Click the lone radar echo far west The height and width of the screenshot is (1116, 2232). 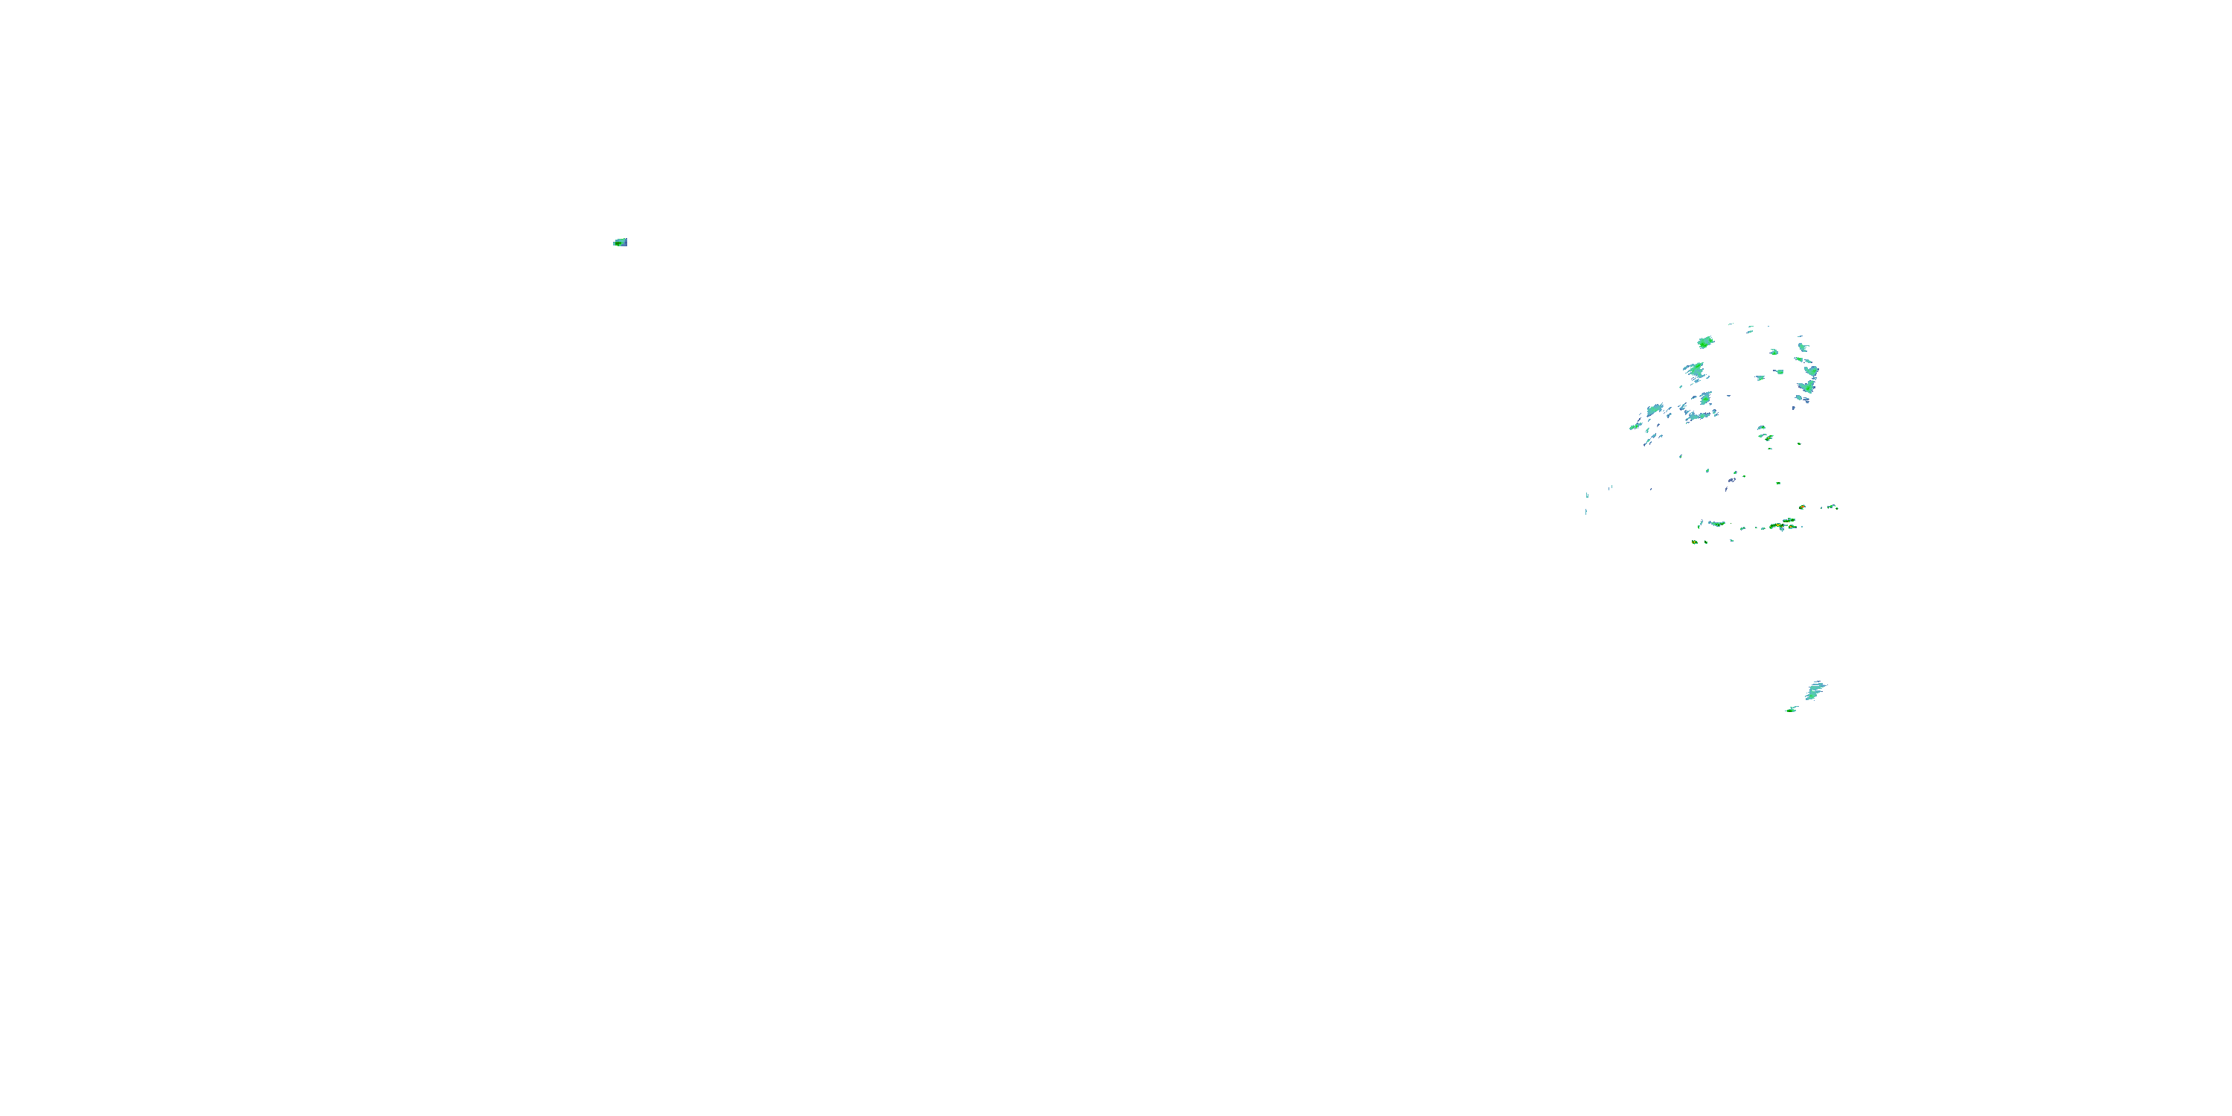(620, 243)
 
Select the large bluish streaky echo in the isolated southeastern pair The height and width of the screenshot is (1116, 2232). (1815, 690)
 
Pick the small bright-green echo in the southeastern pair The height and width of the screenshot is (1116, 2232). (1791, 710)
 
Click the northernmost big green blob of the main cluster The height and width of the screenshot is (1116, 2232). (1705, 342)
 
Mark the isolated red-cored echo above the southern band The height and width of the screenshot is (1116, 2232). (1802, 507)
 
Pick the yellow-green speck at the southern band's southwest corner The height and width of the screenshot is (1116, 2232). (1695, 542)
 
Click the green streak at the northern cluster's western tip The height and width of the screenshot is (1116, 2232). (1635, 426)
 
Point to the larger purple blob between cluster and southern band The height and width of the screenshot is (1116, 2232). (1732, 479)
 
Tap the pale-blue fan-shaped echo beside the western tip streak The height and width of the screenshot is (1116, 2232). (1655, 409)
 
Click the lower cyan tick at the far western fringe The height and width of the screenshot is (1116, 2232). (1586, 510)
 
